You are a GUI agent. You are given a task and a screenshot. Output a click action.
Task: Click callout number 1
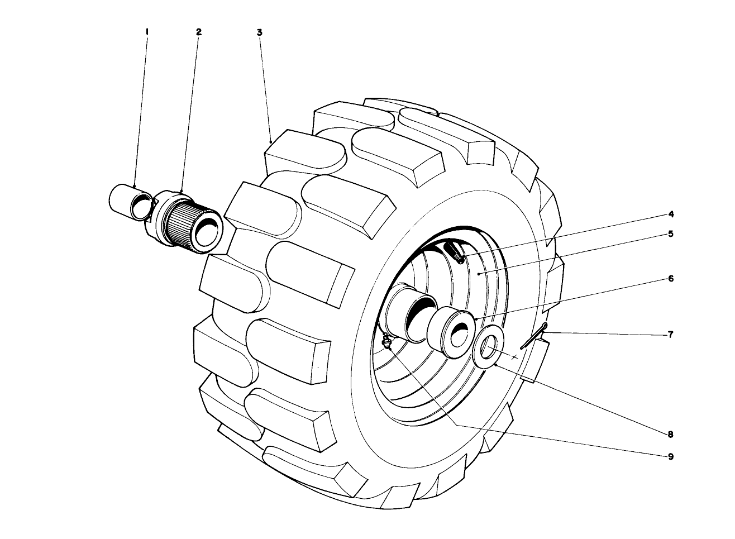[x=146, y=32]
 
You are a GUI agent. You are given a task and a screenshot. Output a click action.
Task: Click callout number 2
[x=198, y=32]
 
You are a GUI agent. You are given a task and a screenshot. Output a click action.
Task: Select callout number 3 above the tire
[x=260, y=32]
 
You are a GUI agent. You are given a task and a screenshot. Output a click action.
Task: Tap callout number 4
[x=671, y=214]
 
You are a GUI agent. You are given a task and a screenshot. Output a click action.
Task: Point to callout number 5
[x=671, y=233]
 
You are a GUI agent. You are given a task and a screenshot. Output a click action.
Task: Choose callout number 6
[x=671, y=278]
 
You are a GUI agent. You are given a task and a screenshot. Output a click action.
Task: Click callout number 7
[x=671, y=335]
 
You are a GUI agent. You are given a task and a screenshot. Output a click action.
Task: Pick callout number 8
[x=671, y=433]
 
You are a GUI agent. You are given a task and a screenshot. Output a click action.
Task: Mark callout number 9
[x=671, y=456]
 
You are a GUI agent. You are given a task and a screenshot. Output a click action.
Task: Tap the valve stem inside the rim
[x=454, y=251]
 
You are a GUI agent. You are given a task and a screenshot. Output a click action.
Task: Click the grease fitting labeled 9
[x=385, y=342]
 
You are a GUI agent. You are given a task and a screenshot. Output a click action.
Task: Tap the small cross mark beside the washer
[x=515, y=357]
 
